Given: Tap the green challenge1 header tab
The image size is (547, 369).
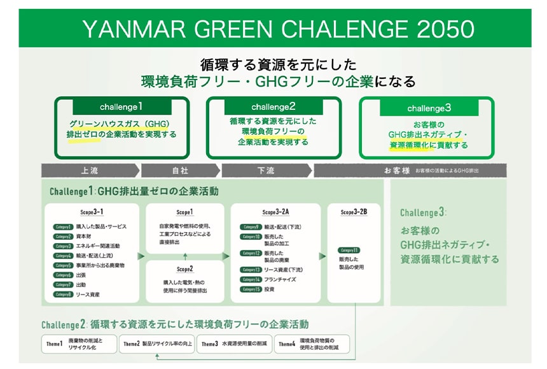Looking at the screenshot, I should click(121, 106).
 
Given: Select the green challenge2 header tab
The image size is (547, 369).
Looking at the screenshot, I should click(273, 106).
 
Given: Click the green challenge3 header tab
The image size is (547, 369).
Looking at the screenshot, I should click(429, 108).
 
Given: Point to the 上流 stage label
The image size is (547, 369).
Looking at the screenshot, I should click(90, 171).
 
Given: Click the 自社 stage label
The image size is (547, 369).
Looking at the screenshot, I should click(180, 171).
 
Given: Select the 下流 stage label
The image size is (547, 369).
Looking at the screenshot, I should click(266, 171).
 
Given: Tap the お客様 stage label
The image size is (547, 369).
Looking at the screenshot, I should click(396, 171).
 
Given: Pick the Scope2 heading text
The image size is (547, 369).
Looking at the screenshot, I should click(184, 268).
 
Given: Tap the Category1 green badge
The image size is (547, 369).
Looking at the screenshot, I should click(63, 226).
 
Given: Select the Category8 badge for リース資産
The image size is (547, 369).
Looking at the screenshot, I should click(63, 295).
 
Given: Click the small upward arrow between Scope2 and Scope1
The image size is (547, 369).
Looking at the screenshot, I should click(184, 256).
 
